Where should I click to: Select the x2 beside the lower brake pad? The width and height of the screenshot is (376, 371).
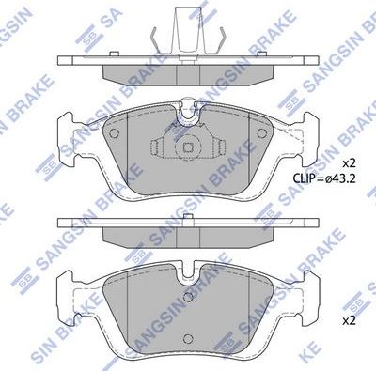350,320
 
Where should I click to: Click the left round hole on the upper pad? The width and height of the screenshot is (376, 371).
114,133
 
